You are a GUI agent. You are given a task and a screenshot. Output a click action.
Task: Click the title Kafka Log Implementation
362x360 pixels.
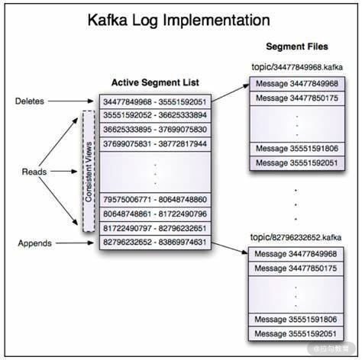(179, 21)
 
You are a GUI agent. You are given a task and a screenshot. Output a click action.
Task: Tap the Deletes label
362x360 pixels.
(30, 101)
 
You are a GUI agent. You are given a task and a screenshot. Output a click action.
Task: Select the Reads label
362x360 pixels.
(34, 172)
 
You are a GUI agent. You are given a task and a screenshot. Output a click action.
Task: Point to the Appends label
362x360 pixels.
(34, 243)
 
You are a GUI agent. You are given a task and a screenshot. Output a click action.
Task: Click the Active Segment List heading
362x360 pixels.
(155, 82)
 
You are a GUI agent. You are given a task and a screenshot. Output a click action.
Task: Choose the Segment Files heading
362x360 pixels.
(297, 47)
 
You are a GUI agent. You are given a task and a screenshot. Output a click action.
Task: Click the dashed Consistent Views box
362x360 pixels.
(89, 171)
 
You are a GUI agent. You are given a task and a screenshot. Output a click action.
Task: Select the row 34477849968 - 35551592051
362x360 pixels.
(155, 102)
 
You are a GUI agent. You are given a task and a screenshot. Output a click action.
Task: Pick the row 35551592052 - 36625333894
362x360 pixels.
(155, 115)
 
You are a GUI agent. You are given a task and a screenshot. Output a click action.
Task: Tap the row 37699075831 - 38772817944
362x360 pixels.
(155, 144)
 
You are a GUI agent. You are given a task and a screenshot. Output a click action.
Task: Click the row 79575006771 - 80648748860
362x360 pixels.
(155, 200)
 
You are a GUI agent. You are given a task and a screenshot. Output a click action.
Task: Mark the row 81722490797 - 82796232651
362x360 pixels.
(155, 228)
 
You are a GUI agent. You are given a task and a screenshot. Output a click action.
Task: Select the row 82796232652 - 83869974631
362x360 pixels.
(155, 243)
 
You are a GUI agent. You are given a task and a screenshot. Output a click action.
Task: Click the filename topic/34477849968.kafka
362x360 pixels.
(297, 67)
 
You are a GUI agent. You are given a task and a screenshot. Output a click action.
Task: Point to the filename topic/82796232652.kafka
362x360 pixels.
(296, 237)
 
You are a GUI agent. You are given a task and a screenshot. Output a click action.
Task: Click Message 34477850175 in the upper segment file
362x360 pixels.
(297, 98)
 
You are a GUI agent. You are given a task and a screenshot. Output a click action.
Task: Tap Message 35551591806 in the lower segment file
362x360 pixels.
(296, 320)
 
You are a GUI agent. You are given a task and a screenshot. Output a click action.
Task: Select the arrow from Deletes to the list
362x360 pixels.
(71, 101)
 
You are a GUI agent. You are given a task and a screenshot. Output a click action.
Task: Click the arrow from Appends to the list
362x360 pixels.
(75, 243)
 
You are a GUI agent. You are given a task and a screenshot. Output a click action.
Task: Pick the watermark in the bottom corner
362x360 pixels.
(331, 349)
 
